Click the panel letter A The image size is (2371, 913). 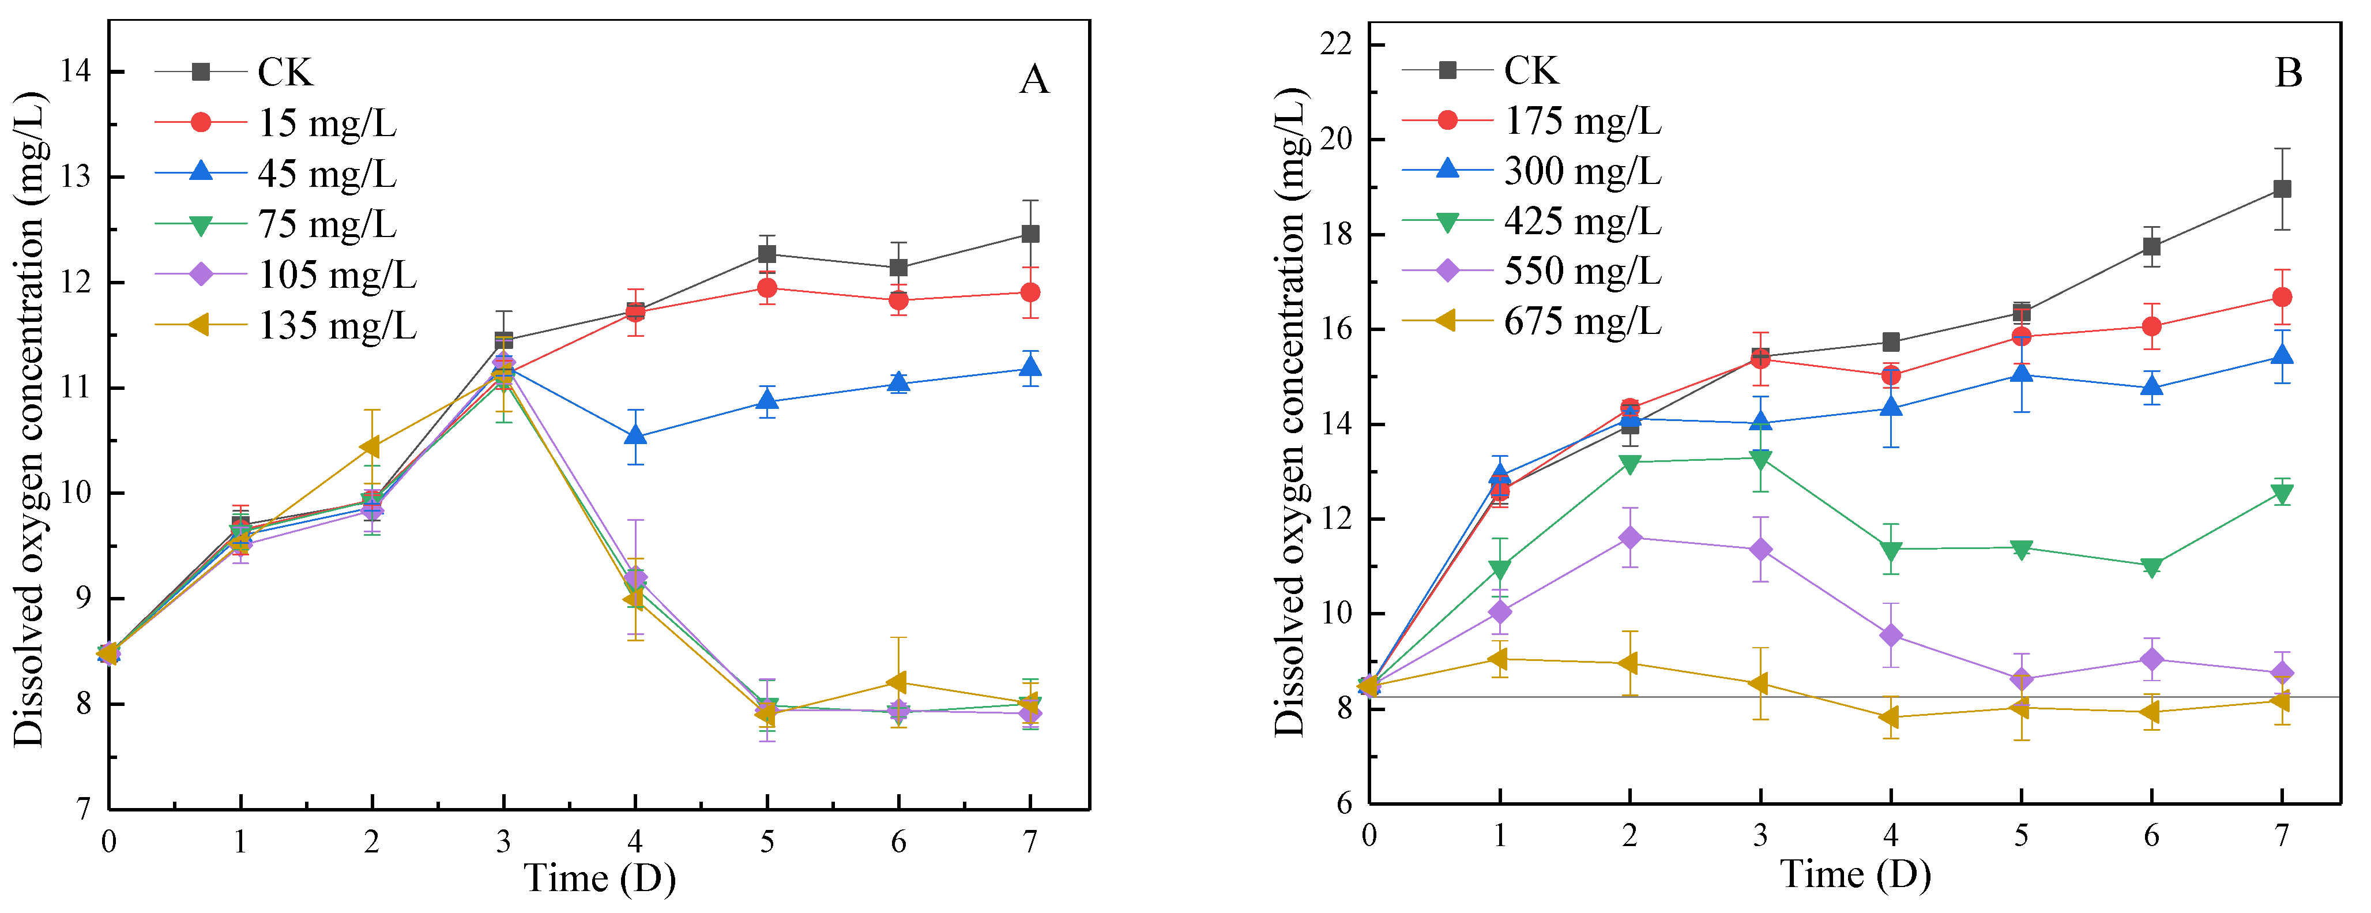[x=1034, y=80]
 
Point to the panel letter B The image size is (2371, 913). [x=2288, y=73]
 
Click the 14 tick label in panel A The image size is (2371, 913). [x=76, y=72]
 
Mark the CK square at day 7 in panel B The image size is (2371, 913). [x=2282, y=189]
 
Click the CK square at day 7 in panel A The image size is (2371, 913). [x=1030, y=234]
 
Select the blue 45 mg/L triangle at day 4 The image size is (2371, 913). [x=635, y=435]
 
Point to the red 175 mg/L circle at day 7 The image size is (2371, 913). [x=2282, y=297]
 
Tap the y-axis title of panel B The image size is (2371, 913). [x=1290, y=412]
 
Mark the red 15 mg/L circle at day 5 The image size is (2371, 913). [x=767, y=288]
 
